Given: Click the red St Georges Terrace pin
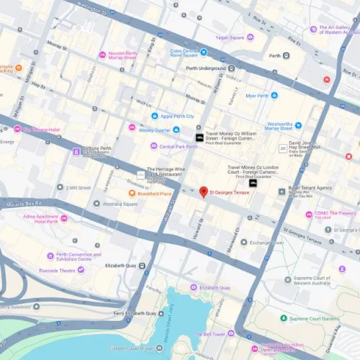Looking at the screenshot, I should [x=204, y=192].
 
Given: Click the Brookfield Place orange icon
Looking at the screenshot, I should [x=132, y=194].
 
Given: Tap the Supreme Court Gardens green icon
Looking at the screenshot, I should [x=283, y=318].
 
